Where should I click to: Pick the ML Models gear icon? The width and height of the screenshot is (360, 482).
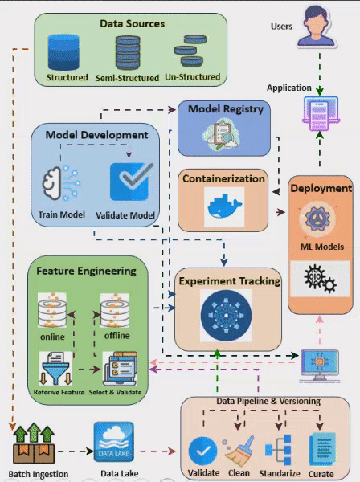pyautogui.click(x=319, y=220)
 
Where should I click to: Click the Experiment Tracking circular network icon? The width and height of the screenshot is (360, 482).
pyautogui.click(x=227, y=313)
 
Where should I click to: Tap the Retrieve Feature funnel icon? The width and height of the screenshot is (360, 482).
pyautogui.click(x=53, y=370)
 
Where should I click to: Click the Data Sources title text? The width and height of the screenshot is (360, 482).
pyautogui.click(x=132, y=24)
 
